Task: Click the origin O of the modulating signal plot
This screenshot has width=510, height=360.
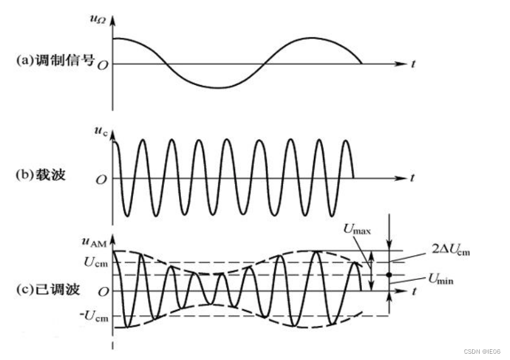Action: [x=103, y=64]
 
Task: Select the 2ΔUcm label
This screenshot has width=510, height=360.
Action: [x=451, y=251]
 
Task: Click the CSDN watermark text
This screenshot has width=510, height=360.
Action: [x=482, y=350]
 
